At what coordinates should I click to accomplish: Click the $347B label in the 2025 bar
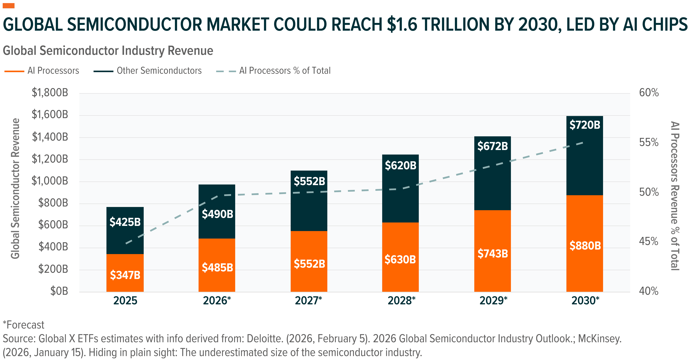pos(125,275)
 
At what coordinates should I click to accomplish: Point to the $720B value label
pos(585,125)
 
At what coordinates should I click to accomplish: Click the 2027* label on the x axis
pos(308,301)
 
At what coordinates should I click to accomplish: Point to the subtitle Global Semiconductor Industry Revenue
pos(108,51)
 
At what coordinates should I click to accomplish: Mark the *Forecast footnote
pos(24,325)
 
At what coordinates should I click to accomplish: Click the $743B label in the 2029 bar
pos(492,253)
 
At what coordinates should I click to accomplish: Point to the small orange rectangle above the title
pos(9,6)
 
